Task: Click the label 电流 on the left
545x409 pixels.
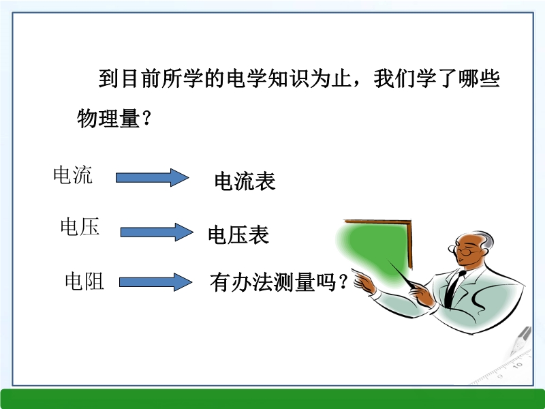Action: [73, 175]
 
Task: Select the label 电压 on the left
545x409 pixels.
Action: [80, 227]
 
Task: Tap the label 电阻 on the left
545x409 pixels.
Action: [84, 281]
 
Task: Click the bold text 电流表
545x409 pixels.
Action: [245, 181]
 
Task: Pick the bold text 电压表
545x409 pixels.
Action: [238, 234]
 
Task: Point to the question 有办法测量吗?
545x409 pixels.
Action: [279, 282]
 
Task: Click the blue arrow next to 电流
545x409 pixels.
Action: [152, 178]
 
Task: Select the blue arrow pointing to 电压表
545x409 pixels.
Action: [157, 232]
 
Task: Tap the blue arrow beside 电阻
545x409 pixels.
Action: [155, 282]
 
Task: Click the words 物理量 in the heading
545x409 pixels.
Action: [108, 118]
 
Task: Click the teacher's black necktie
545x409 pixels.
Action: [454, 288]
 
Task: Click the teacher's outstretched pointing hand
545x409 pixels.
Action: [364, 281]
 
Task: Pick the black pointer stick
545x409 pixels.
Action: [402, 274]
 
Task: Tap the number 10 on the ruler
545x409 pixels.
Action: [517, 365]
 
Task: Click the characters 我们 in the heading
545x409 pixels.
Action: [395, 78]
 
